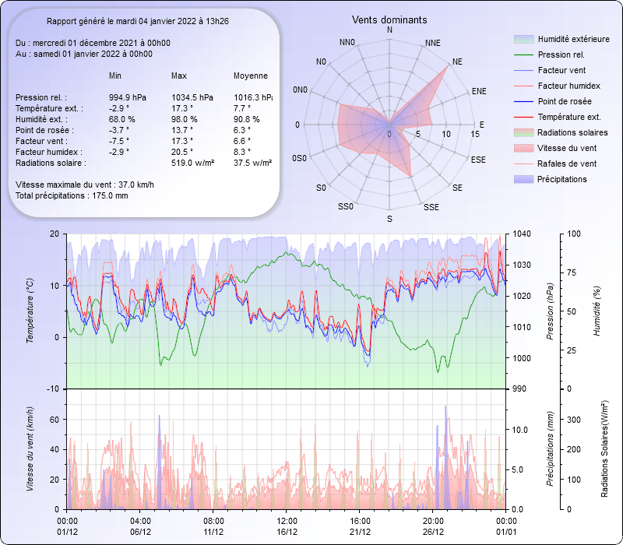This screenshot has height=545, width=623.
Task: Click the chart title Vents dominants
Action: coord(389,19)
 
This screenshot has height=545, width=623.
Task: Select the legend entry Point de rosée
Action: coord(564,101)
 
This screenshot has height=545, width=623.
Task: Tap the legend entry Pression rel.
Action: coord(561,54)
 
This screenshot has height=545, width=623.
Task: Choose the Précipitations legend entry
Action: coord(562,179)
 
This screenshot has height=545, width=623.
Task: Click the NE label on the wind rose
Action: coord(457,61)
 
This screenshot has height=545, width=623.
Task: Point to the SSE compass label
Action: coord(431,207)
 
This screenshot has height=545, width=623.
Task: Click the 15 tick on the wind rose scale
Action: coord(474,135)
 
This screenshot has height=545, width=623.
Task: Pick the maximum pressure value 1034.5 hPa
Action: coord(192,97)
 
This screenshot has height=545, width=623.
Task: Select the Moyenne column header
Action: coord(251,76)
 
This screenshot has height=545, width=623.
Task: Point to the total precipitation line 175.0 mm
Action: coord(72,195)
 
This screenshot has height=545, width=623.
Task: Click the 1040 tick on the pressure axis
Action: coord(521,234)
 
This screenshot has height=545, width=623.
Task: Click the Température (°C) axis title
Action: coord(30,311)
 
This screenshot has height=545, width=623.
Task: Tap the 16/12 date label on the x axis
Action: coord(287,532)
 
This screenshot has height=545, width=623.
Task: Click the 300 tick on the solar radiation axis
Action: coord(571,420)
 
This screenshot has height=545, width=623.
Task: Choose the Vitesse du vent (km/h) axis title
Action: coord(30,448)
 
